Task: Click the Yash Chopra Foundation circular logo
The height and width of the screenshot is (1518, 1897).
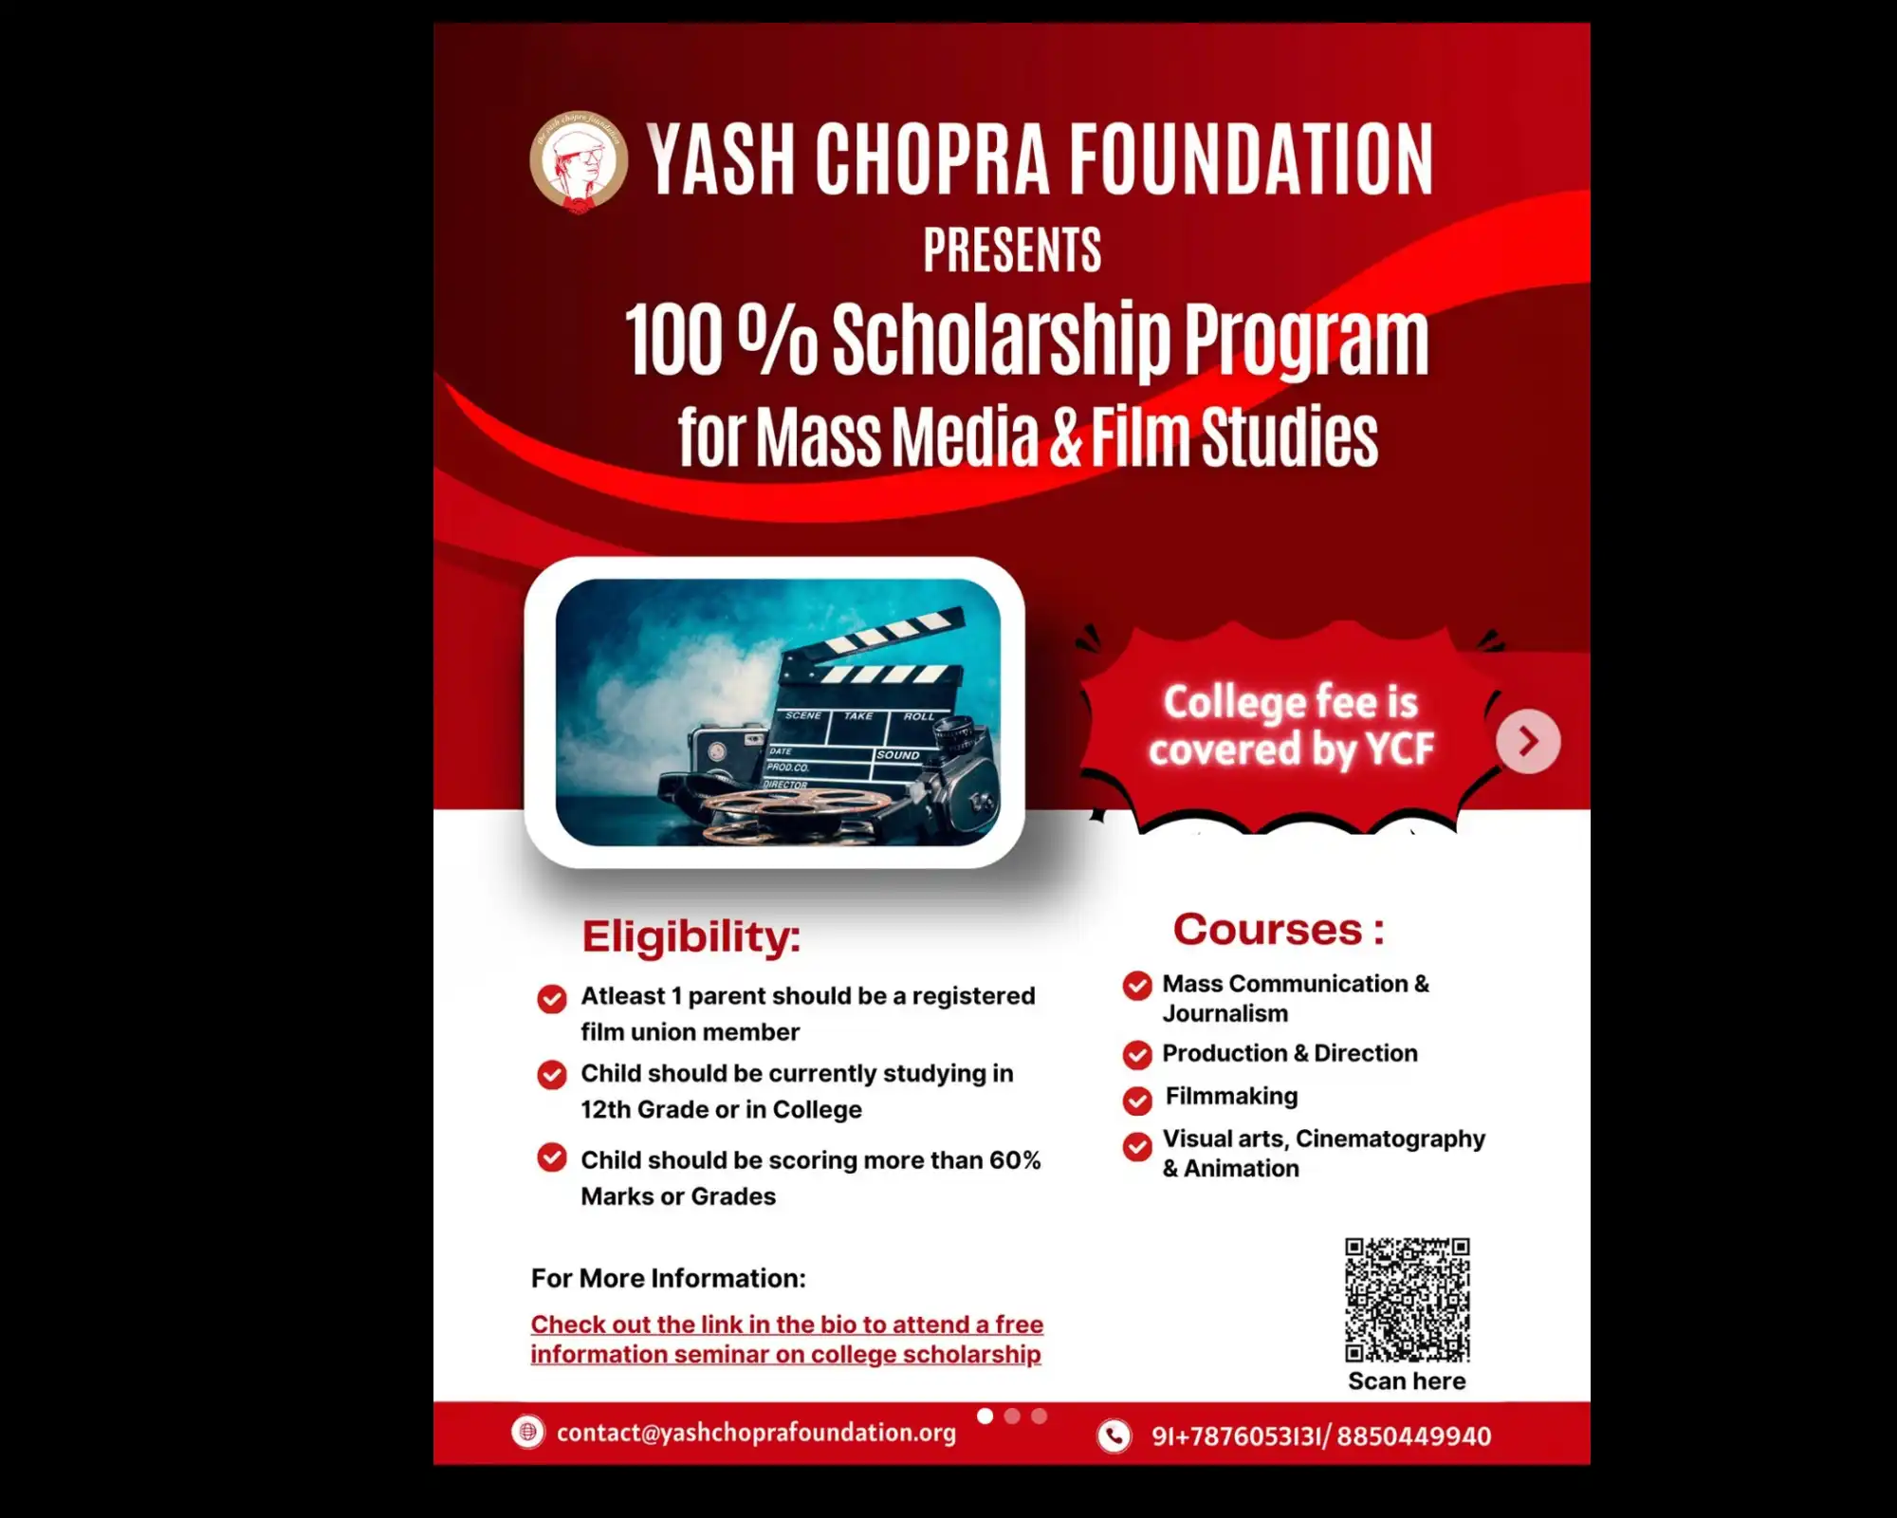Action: [578, 162]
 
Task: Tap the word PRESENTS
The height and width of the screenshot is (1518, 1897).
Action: [1012, 250]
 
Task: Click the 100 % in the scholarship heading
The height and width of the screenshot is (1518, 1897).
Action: [720, 340]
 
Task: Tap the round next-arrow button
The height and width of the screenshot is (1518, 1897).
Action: [1528, 741]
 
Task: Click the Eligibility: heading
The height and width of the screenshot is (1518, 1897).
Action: [691, 937]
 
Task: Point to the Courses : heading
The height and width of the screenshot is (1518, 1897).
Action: [1279, 930]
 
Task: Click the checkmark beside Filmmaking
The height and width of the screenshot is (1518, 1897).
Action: [1137, 1100]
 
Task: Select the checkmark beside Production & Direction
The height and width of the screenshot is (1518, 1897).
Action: [1137, 1055]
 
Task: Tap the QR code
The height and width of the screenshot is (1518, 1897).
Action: [1407, 1300]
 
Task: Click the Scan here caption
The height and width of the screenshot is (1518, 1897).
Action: [1407, 1381]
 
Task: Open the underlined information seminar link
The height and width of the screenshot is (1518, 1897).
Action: [786, 1339]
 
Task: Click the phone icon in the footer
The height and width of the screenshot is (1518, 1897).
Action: [1114, 1435]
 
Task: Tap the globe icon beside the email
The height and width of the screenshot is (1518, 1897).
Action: [527, 1432]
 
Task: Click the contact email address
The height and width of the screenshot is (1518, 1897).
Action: [756, 1433]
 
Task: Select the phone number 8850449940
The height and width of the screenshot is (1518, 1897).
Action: [1414, 1436]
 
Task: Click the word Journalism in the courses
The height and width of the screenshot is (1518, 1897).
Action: [1225, 1013]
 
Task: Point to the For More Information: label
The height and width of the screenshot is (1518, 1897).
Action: [668, 1279]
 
